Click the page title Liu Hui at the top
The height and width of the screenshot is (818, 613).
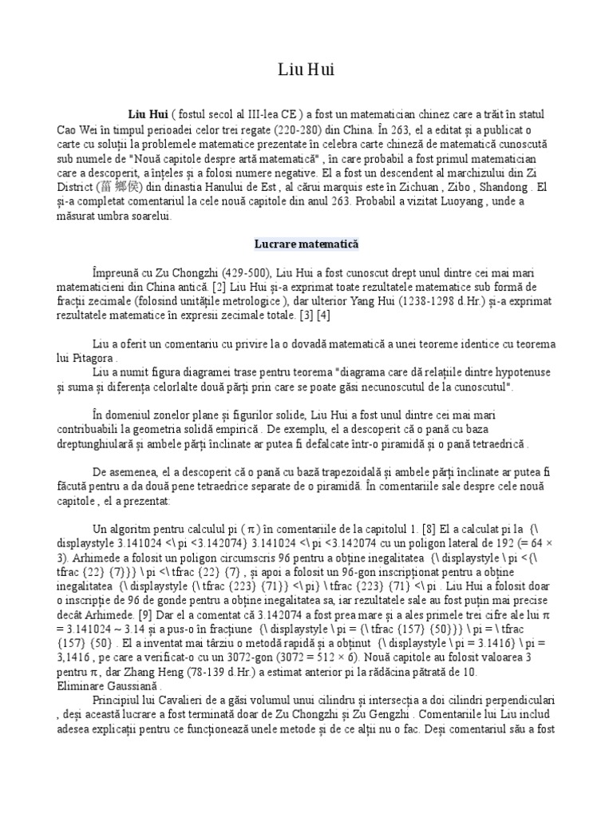(x=306, y=71)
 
